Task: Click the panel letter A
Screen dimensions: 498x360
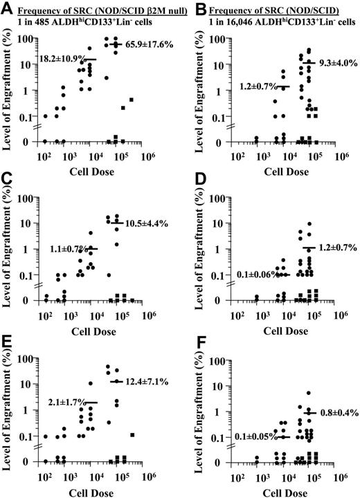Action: pyautogui.click(x=7, y=8)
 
